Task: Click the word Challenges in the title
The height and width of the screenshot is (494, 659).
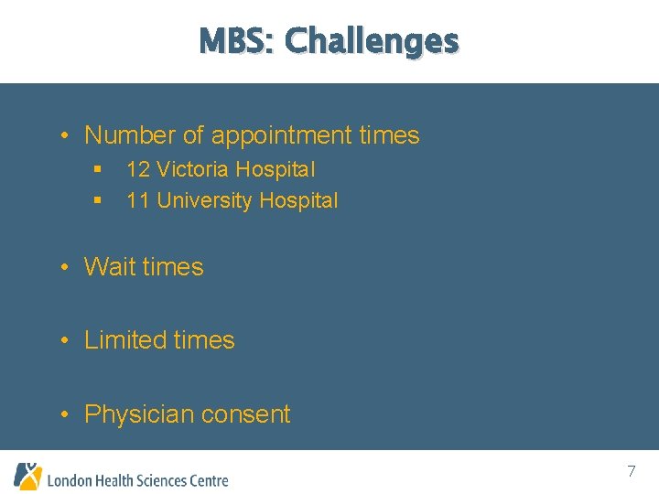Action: click(x=372, y=41)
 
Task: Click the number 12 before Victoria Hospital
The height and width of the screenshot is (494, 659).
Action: click(x=138, y=169)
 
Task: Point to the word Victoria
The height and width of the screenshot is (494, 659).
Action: click(x=192, y=169)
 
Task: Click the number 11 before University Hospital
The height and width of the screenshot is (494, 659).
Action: click(x=138, y=200)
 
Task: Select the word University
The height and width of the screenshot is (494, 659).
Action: click(x=205, y=200)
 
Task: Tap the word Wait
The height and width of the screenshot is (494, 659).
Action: click(x=110, y=267)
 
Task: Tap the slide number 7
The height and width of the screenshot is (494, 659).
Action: click(x=631, y=472)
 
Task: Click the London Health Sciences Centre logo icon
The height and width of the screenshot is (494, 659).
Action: click(x=27, y=476)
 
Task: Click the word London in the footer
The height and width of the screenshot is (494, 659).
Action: click(x=69, y=480)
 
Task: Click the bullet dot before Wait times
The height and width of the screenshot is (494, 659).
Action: click(x=66, y=268)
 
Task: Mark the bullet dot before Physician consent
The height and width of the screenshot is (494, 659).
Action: click(x=66, y=415)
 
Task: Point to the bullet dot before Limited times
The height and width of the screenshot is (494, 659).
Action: click(x=66, y=341)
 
